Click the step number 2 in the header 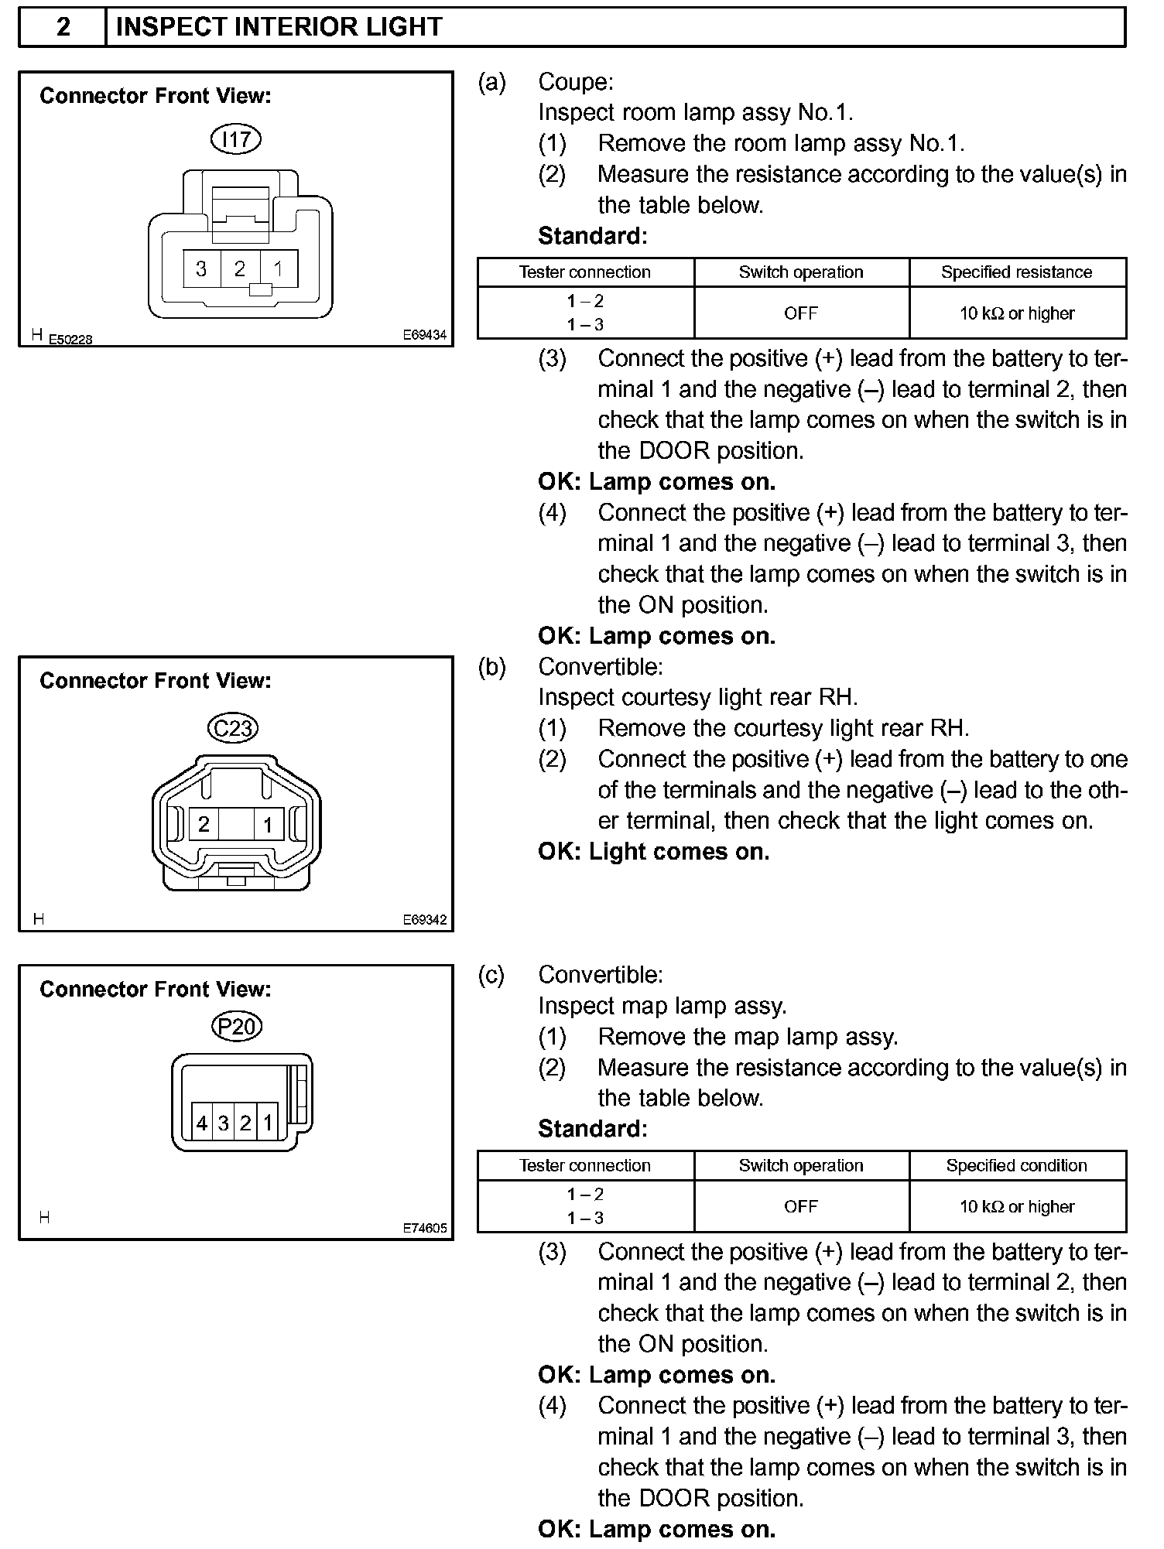click(63, 28)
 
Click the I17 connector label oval click(236, 139)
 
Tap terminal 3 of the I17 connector click(201, 268)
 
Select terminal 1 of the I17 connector click(278, 268)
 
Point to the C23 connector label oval click(233, 727)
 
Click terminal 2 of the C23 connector click(204, 824)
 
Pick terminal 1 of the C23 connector click(268, 824)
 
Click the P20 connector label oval click(236, 1026)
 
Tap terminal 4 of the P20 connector click(202, 1123)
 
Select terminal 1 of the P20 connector click(268, 1123)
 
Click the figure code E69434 click(425, 335)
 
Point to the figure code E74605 click(425, 1228)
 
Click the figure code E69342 click(425, 920)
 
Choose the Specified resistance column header click(1016, 272)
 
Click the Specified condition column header click(1016, 1165)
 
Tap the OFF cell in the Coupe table click(801, 313)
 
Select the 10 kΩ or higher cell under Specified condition click(1017, 1206)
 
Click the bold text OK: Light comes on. click(654, 852)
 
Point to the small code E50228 click(70, 339)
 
